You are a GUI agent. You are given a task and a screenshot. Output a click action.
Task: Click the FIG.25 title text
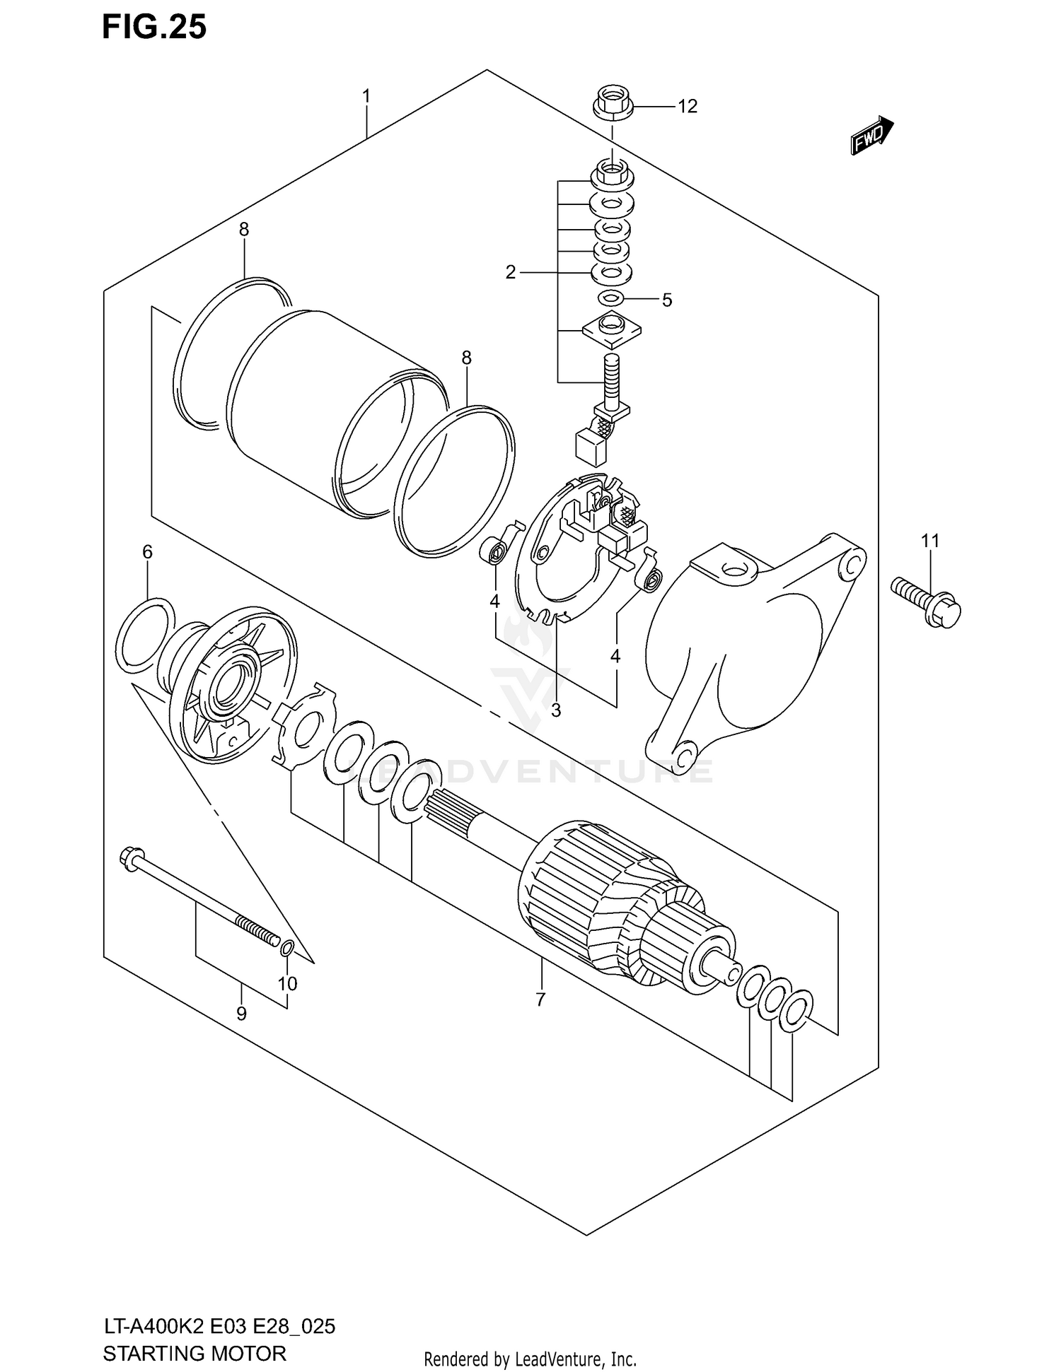pos(154,27)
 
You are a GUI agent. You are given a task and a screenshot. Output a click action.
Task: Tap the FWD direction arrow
pos(871,135)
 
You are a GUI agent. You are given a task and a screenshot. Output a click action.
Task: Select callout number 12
pos(687,106)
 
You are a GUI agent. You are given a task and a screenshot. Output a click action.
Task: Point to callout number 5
pos(666,300)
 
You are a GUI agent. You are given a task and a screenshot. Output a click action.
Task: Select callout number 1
pos(366,95)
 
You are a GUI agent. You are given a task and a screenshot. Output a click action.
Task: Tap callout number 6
pos(147,552)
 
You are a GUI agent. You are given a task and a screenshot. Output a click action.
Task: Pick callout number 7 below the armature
pos(540,999)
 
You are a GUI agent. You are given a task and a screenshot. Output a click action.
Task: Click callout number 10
pos(287,983)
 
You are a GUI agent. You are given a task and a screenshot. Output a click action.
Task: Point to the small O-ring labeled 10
pos(287,948)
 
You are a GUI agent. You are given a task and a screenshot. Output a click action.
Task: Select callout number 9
pos(241,1014)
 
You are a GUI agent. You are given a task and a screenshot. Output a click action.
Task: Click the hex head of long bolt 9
pos(132,858)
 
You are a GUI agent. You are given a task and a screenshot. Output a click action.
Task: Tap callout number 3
pos(556,710)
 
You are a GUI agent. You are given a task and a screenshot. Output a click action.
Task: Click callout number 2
pos(511,272)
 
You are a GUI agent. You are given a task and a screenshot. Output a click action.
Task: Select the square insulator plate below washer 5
pos(611,329)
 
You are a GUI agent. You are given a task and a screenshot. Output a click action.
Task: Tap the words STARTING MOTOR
pos(195,1353)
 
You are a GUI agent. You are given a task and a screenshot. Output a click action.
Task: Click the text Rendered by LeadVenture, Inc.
pos(530,1359)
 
